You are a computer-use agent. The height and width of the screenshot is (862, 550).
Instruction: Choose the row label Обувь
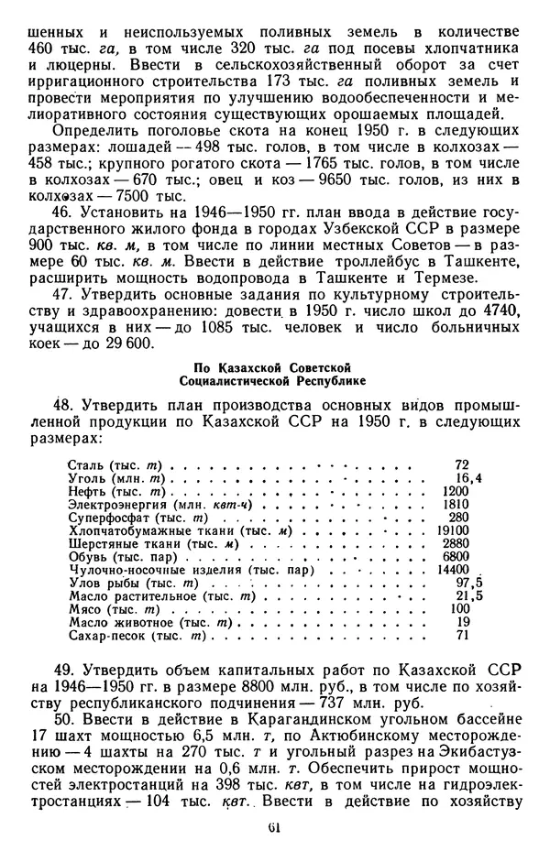(87, 557)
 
